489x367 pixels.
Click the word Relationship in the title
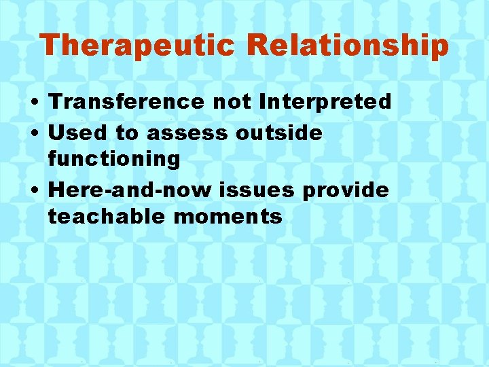(347, 46)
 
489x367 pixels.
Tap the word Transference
(125, 102)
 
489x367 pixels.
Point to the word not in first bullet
(231, 102)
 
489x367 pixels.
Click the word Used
(75, 133)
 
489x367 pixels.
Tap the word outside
(279, 133)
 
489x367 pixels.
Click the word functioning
(114, 160)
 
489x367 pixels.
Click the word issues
(260, 190)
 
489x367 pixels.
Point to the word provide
(346, 190)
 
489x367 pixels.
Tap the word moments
(228, 217)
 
